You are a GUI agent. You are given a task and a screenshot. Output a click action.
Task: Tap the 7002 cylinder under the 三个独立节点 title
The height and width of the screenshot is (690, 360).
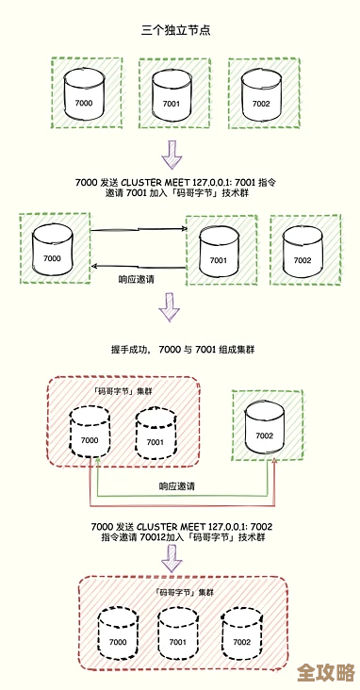261,93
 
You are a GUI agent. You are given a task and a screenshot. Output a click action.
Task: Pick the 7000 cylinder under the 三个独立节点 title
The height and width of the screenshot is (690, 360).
84,94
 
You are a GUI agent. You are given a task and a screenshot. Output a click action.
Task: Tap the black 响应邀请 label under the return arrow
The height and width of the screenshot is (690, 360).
136,279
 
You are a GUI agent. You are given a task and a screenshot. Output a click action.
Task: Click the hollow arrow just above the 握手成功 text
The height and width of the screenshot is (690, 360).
170,307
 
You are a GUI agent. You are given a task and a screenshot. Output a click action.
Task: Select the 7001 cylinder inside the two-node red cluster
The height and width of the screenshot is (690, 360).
155,432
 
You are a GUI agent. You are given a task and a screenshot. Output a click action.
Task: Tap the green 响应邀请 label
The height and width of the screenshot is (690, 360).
178,486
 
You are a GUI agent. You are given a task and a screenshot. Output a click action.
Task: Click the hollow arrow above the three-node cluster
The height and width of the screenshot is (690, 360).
171,560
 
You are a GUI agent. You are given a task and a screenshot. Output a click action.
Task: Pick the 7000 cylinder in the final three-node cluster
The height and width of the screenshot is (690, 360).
118,632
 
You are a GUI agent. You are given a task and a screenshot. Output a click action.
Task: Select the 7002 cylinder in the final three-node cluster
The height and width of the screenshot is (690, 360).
241,632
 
